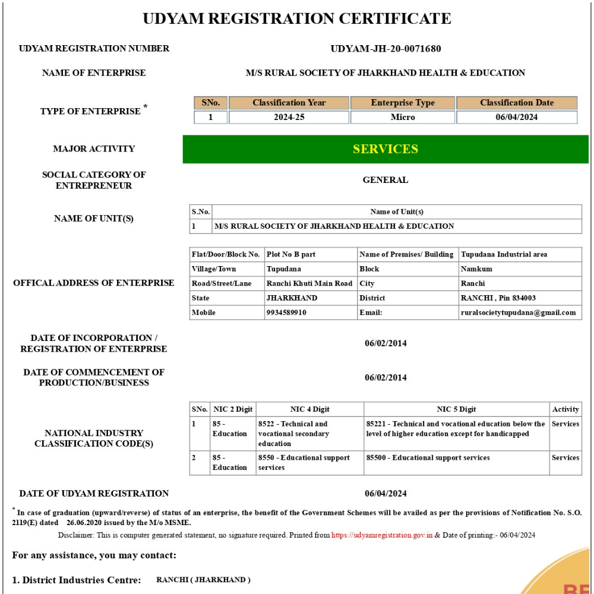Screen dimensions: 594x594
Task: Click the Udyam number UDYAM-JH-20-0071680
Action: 386,49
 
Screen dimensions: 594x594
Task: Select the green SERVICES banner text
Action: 386,149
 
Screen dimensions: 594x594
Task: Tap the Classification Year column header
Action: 289,103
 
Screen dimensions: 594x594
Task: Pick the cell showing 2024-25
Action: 289,117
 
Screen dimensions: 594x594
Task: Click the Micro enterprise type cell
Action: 403,117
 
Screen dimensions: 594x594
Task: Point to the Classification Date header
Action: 517,103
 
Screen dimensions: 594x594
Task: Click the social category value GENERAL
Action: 386,180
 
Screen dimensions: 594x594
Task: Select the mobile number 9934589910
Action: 287,312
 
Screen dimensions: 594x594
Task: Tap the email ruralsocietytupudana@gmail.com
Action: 518,312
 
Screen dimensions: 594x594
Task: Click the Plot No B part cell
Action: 291,254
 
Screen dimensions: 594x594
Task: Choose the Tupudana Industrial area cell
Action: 504,254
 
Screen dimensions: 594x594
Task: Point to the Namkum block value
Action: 476,269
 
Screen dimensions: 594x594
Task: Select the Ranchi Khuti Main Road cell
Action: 309,283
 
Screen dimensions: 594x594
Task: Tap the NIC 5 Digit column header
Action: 456,409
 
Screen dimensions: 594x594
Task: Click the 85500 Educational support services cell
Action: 428,458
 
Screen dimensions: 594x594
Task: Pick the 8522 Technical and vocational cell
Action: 293,434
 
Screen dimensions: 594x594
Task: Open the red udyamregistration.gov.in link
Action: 382,535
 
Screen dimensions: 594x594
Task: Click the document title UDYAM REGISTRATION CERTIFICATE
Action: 297,18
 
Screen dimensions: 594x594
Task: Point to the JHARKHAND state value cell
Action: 292,298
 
